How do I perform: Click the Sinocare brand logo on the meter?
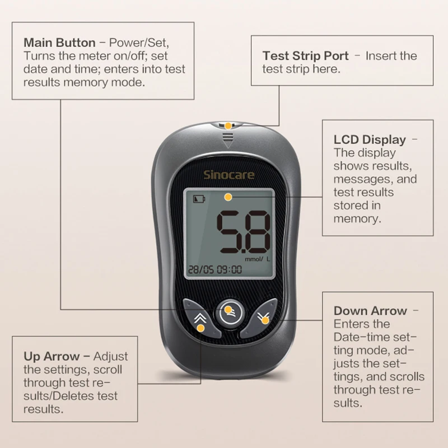228,175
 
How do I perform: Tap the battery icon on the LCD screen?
199,198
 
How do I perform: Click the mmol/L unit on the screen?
257,259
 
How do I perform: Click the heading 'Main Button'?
59,43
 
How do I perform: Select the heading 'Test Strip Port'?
305,56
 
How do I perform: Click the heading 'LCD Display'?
370,140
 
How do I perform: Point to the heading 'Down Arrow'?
370,311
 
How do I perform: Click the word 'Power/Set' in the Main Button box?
139,43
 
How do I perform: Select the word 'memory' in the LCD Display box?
357,218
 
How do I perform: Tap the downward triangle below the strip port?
227,143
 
